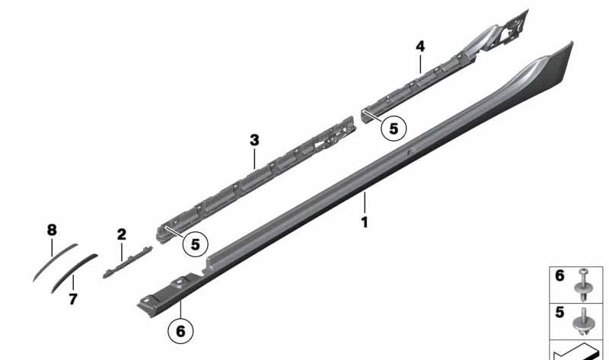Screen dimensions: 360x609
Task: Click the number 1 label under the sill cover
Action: (x=365, y=223)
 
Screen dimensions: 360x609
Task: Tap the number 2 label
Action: (x=121, y=234)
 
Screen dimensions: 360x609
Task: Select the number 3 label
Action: (x=254, y=140)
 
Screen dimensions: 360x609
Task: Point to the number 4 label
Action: (x=419, y=46)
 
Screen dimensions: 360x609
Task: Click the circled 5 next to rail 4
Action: (x=394, y=129)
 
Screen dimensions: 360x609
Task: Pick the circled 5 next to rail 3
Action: (x=195, y=244)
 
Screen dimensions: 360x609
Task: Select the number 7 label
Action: (x=73, y=300)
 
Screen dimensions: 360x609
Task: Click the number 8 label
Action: (x=52, y=228)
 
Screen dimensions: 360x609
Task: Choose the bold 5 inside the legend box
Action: (x=560, y=313)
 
